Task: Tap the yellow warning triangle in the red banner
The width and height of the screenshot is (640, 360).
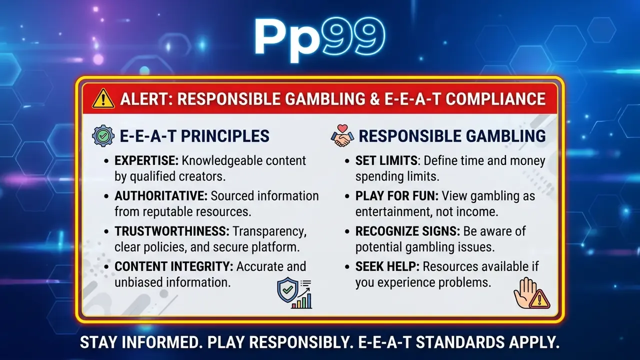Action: tap(103, 98)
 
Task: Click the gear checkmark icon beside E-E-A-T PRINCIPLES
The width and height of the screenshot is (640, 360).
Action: tap(103, 136)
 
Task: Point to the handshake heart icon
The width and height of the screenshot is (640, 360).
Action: tap(342, 135)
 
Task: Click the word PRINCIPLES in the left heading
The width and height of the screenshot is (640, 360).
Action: tap(225, 136)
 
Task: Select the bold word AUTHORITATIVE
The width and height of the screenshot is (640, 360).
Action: tap(161, 196)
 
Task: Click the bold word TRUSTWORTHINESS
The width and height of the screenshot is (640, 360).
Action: tap(172, 231)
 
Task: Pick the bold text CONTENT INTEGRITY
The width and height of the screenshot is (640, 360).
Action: tap(174, 266)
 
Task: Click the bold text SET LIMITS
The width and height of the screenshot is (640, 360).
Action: tap(386, 160)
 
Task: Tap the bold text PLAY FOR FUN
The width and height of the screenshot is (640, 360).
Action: tap(397, 196)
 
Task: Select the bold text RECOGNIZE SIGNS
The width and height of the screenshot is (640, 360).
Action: tap(407, 231)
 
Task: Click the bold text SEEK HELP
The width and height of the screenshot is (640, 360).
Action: tap(387, 266)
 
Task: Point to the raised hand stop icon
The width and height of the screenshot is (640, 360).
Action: tap(531, 293)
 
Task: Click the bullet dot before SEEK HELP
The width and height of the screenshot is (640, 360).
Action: tap(347, 267)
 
